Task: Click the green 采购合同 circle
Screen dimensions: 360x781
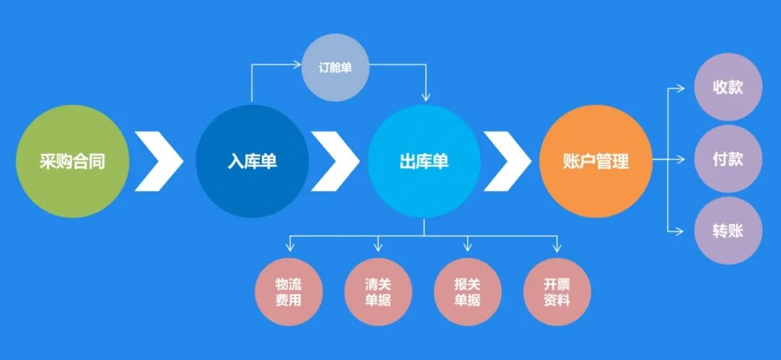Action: tap(72, 160)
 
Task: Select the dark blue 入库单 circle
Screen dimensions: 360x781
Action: tap(252, 160)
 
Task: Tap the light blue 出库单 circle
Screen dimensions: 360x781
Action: tap(424, 160)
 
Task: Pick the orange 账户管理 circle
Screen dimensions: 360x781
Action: tap(595, 160)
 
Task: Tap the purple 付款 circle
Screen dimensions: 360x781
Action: tap(728, 159)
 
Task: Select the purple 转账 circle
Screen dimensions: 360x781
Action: tap(728, 230)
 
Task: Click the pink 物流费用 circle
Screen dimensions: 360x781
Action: tap(289, 291)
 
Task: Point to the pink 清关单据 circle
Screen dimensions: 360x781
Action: tap(378, 291)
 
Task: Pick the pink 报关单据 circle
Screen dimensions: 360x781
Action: tap(468, 291)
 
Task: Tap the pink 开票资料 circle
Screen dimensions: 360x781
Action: tap(557, 291)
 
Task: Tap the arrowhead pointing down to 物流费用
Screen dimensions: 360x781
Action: tap(289, 248)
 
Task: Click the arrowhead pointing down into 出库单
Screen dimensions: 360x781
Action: tap(425, 97)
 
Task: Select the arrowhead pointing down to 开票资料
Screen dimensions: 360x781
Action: tap(557, 248)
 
